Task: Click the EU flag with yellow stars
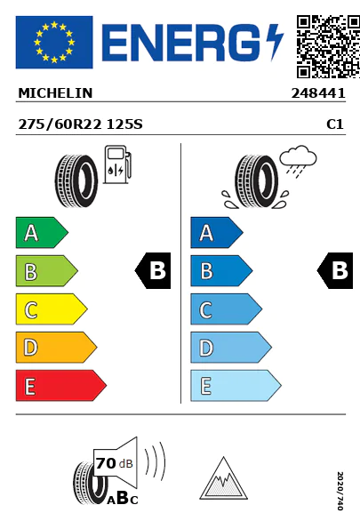[x=54, y=42]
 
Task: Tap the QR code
[x=328, y=46]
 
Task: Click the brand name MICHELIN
[x=55, y=93]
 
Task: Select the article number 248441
[x=318, y=93]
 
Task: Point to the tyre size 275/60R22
[x=60, y=124]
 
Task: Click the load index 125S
[x=124, y=124]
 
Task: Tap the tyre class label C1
[x=335, y=124]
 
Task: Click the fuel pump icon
[x=117, y=164]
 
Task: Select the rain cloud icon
[x=298, y=161]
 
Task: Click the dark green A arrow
[x=42, y=233]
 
